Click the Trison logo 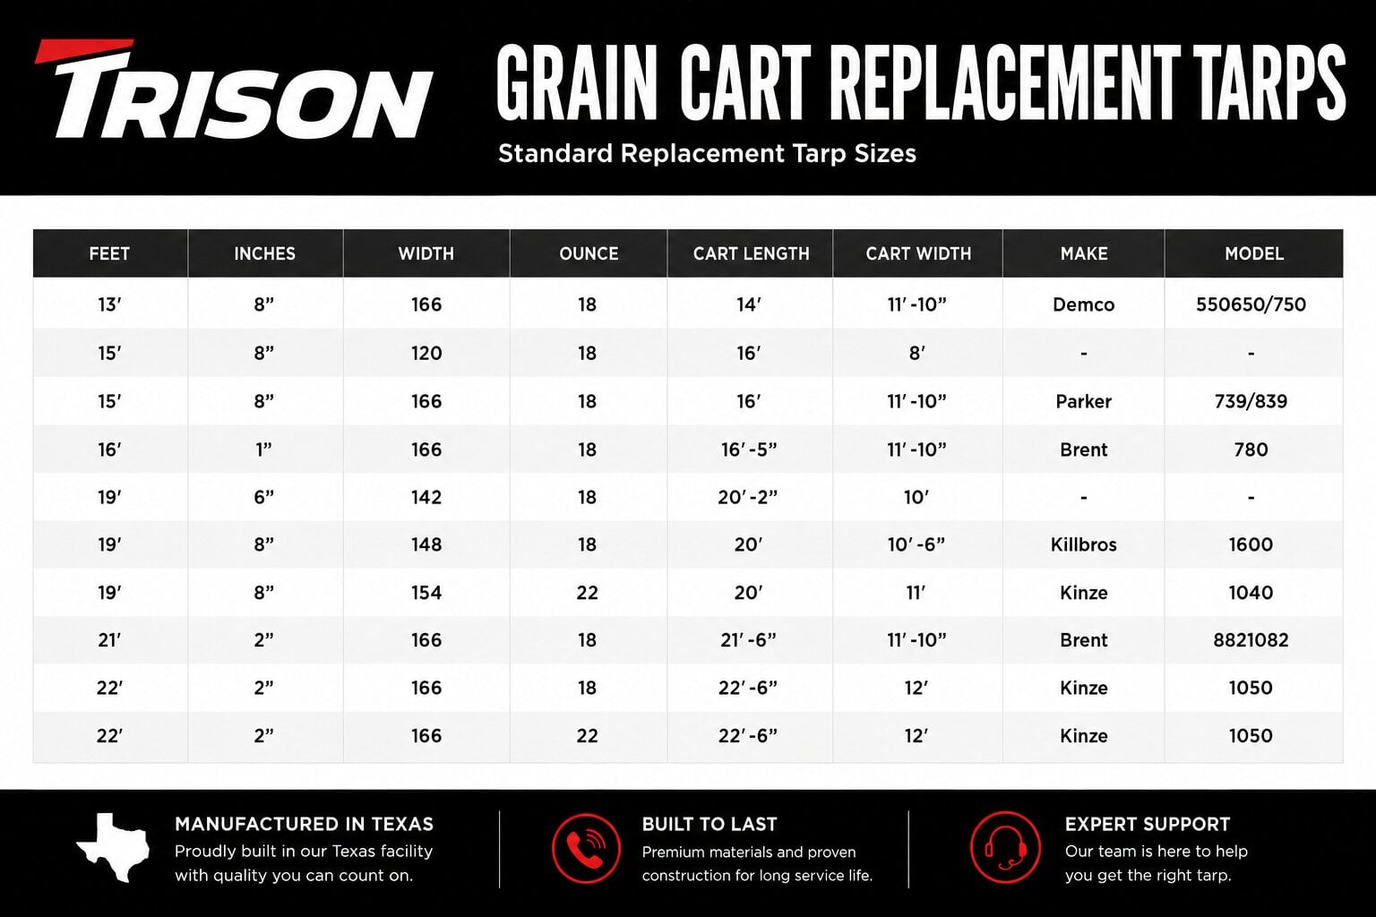(234, 89)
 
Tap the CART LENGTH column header (752, 253)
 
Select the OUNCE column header (589, 253)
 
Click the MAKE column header (1084, 253)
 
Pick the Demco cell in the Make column (1084, 304)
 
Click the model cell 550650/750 (1251, 304)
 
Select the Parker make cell (1084, 402)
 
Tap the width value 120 (426, 353)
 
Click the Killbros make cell (1084, 544)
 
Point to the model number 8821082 (1251, 640)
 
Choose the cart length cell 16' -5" (749, 450)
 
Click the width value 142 (426, 497)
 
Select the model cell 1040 (1251, 593)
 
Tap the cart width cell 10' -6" (916, 544)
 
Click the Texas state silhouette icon (113, 847)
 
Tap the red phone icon (586, 848)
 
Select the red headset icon (1006, 847)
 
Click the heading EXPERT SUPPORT (1148, 824)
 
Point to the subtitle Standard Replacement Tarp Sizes (707, 153)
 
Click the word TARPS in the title (1269, 83)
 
